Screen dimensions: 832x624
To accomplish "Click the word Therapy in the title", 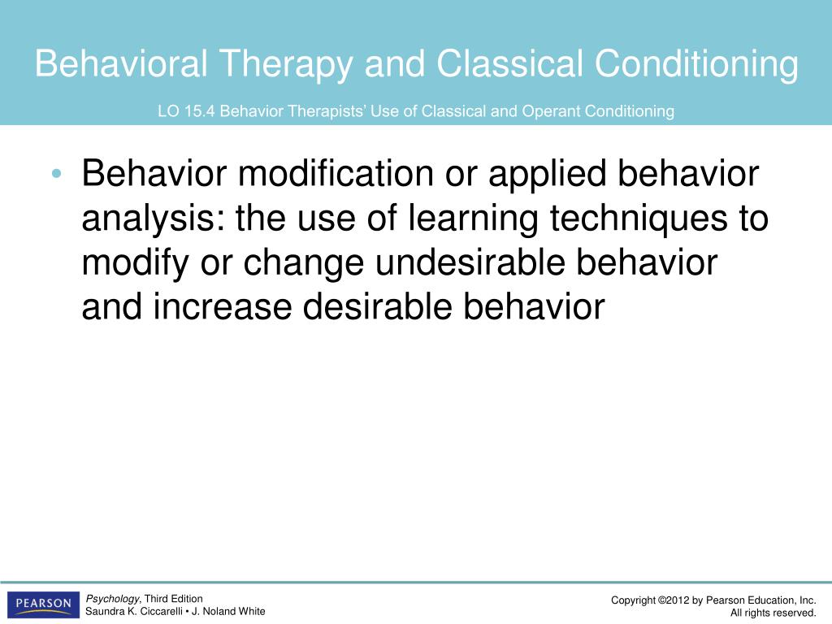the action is click(286, 65).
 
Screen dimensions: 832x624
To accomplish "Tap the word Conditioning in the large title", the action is click(695, 65).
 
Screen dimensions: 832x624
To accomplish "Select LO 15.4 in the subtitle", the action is click(186, 111).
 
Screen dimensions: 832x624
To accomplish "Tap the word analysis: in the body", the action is click(153, 219).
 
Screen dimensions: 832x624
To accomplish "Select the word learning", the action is click(473, 219).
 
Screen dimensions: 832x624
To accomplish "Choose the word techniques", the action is click(639, 219).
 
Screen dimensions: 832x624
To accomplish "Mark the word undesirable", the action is click(470, 262).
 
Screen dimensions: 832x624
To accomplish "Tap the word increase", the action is click(223, 307).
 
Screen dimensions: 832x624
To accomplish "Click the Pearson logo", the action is click(44, 604).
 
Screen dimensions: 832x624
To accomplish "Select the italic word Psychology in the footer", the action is click(112, 599).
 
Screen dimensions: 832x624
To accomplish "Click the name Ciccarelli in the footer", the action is click(162, 611).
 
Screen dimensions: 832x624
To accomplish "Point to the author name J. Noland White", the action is click(228, 611).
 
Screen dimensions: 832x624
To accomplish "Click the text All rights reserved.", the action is click(773, 613).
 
